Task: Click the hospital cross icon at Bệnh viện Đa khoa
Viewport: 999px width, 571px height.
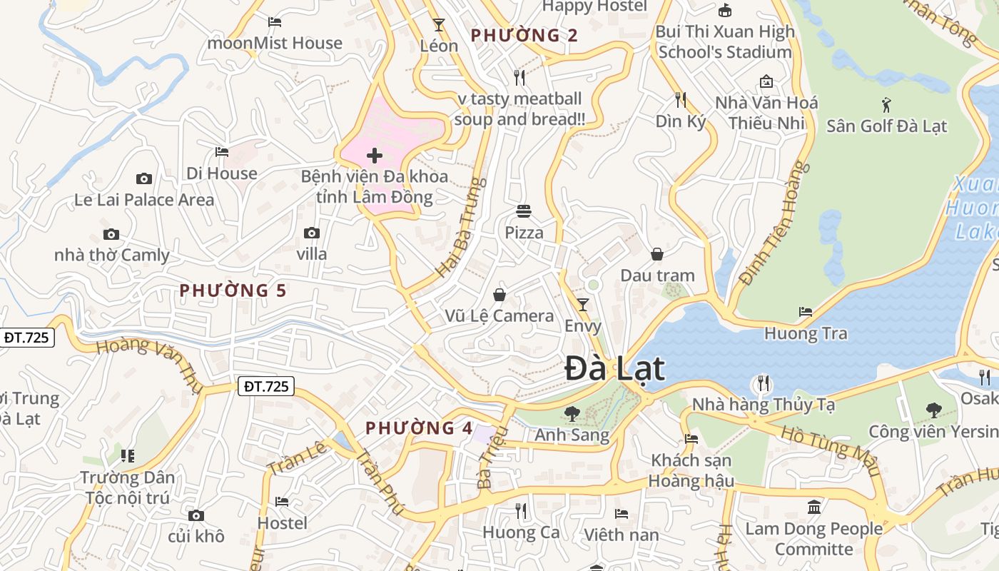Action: tap(375, 156)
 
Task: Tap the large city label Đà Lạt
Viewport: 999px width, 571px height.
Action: tap(614, 369)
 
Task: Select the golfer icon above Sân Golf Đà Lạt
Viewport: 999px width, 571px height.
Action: tap(886, 105)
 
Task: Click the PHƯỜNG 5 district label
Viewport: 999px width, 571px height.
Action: tap(233, 290)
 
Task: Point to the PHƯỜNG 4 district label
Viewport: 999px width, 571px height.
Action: tap(419, 428)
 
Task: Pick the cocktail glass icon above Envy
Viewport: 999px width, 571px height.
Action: tap(583, 305)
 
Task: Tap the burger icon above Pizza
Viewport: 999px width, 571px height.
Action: tap(524, 211)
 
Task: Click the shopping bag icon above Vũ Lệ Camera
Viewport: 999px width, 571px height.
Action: tap(499, 295)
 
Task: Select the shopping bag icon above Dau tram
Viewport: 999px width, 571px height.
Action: tap(656, 254)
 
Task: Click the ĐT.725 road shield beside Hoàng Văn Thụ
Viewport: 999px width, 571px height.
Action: tap(266, 387)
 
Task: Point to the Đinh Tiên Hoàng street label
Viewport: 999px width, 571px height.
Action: tap(775, 223)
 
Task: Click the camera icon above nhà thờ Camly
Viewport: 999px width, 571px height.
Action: tap(111, 234)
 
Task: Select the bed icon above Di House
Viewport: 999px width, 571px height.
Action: tap(222, 152)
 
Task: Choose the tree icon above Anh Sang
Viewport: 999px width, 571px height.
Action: tap(572, 413)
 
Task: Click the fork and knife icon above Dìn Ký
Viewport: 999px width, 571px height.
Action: tap(680, 99)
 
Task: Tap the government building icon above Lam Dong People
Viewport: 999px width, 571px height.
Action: tap(813, 507)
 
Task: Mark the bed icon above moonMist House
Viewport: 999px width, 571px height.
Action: tap(275, 22)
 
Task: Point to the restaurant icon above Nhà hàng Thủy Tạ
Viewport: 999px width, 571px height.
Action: tap(763, 383)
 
